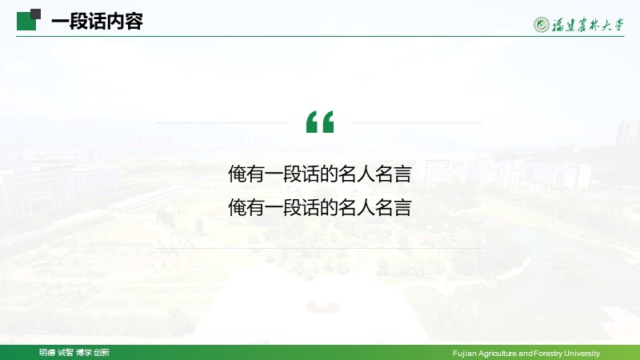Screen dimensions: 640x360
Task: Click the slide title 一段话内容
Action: pos(97,22)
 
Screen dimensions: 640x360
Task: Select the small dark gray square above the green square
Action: pos(36,14)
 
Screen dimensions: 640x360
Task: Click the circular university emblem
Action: pos(542,25)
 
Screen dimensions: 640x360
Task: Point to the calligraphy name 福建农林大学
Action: pos(588,25)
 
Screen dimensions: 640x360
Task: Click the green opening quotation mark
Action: pos(320,122)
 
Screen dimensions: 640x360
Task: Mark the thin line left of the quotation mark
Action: pos(222,122)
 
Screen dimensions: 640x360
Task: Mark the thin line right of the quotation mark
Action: pos(416,122)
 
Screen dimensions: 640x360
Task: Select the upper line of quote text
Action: pos(319,174)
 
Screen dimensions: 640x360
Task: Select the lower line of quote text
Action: pos(319,207)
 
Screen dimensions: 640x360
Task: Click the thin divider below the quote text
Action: pos(318,248)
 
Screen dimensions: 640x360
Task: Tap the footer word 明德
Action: pos(47,353)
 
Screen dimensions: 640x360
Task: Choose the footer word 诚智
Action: pos(66,353)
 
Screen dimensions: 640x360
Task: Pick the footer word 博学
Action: pos(84,353)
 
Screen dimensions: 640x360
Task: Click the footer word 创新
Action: pos(102,353)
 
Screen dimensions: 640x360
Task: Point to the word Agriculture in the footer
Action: pos(497,354)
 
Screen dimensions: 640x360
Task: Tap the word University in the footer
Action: pos(582,354)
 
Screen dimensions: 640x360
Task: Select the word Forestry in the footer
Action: pos(548,354)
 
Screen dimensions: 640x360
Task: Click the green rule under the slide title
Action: pos(320,36)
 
